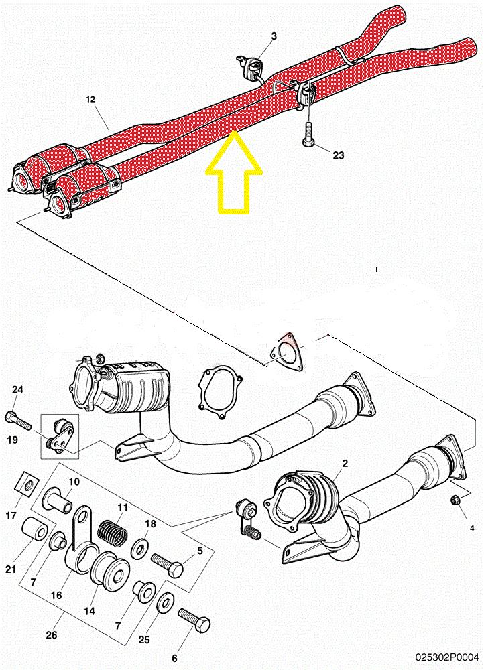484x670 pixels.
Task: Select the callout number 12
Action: coord(90,100)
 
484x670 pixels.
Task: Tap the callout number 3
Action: coord(274,36)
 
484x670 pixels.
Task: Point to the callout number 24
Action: coord(17,389)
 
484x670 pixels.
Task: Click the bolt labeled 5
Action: coord(168,564)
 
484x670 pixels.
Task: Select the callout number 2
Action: coord(345,464)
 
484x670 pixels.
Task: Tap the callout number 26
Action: coord(52,636)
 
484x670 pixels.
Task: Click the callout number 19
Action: coord(13,440)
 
